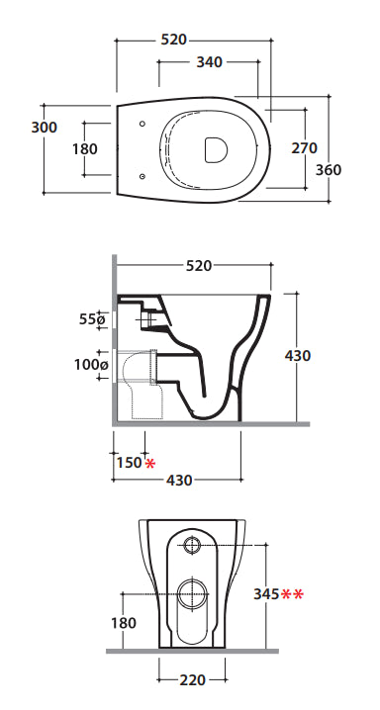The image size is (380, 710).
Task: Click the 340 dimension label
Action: (x=209, y=62)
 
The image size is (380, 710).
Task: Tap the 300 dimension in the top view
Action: (x=45, y=128)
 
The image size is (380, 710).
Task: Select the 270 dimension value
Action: (x=305, y=148)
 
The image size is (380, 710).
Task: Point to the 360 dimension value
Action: (x=329, y=170)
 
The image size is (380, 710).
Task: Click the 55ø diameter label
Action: (x=92, y=319)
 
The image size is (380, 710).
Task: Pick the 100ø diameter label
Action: (x=91, y=364)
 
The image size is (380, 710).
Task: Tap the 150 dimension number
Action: (x=130, y=463)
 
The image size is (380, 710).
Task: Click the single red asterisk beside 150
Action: (x=149, y=463)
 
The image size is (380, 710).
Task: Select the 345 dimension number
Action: (x=266, y=594)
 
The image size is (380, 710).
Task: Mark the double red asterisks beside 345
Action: (x=292, y=593)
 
